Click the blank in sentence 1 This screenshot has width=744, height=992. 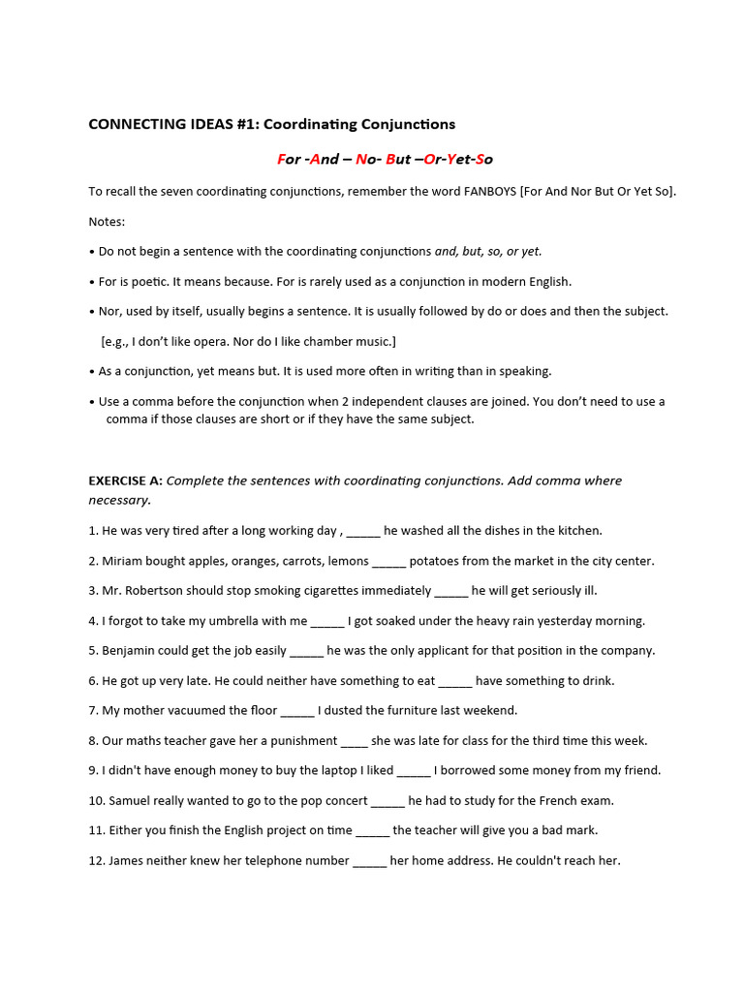tap(363, 531)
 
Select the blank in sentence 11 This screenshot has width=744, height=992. tap(373, 830)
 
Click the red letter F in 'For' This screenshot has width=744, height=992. tap(281, 159)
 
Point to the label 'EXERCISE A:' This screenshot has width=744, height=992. tap(125, 480)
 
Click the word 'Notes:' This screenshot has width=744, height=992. tap(107, 221)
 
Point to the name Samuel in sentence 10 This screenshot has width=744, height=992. tap(132, 801)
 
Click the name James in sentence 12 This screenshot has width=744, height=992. tap(128, 860)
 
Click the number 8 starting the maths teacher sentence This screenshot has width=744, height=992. tap(92, 741)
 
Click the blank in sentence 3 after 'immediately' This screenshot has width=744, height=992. tap(450, 591)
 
